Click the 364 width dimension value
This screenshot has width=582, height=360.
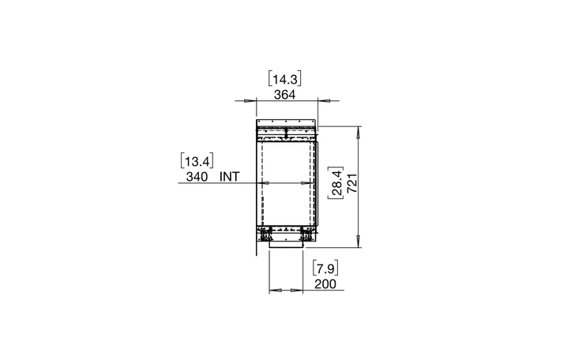[x=285, y=95]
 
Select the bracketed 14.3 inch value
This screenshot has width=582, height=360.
[x=285, y=79]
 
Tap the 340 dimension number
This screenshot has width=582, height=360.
[x=197, y=177]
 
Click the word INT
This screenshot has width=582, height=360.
[x=230, y=177]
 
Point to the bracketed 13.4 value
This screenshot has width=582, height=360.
[x=197, y=161]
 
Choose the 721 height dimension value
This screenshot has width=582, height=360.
[x=352, y=182]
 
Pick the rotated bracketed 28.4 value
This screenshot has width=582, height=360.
[x=336, y=182]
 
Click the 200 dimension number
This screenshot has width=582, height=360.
[x=325, y=284]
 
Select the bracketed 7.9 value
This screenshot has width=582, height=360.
[x=325, y=268]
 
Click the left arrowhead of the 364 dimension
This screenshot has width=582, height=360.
[x=250, y=100]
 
